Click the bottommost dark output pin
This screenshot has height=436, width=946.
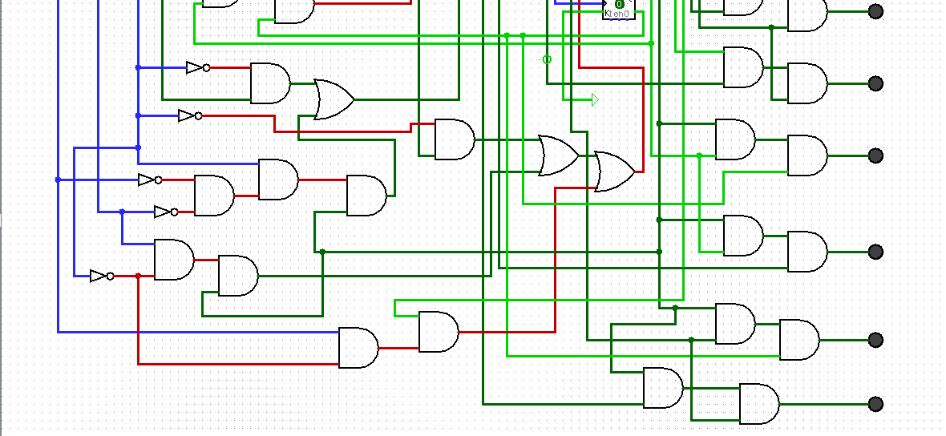pos(875,404)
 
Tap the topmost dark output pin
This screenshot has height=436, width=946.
pos(875,11)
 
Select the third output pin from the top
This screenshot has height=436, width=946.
pos(875,155)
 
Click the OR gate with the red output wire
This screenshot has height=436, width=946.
pos(614,172)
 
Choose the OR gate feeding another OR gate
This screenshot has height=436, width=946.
pos(558,155)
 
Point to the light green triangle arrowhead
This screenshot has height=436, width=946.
pos(594,99)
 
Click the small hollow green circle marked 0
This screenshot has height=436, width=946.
pos(548,59)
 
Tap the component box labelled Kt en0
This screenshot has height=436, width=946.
pos(619,9)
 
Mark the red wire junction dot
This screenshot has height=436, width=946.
pos(138,276)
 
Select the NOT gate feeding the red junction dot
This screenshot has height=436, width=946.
pos(102,276)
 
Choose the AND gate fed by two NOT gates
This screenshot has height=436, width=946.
pos(213,196)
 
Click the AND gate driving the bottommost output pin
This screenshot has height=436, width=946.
pos(758,404)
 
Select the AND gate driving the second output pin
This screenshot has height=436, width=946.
pos(807,83)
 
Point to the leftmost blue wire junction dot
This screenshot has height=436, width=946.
pos(58,180)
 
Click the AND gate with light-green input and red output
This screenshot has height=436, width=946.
pos(438,332)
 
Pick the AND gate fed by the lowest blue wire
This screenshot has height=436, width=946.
pos(358,348)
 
